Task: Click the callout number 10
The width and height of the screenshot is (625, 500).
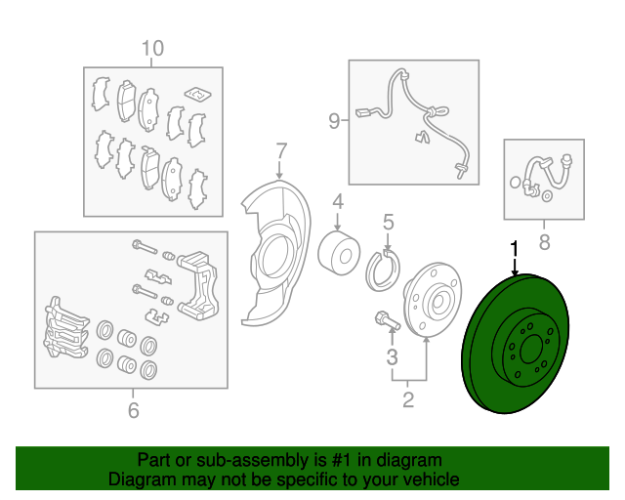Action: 152,48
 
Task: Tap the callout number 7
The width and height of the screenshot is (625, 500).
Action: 281,151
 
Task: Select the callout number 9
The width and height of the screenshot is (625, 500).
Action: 334,121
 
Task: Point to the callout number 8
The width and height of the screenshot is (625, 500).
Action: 544,241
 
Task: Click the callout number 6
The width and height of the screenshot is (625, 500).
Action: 134,410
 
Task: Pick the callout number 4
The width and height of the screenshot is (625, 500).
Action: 338,202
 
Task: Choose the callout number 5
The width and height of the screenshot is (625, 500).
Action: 389,222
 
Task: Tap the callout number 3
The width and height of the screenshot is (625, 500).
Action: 392,356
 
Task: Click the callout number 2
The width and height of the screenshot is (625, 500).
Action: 408,399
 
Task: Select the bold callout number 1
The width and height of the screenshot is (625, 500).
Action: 515,248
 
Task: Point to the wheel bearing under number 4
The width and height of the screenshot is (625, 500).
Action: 339,253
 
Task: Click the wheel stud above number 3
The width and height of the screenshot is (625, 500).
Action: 387,321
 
